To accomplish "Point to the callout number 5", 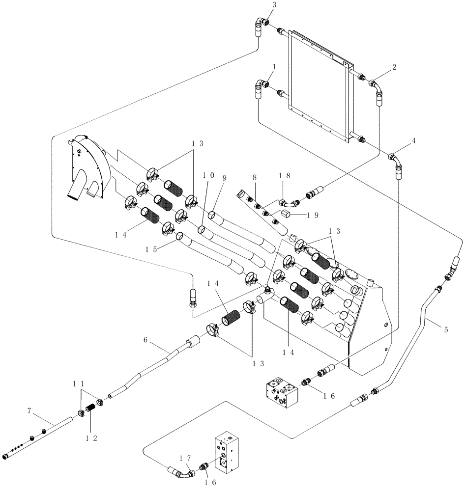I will [446, 329].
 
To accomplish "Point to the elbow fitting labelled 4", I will [395, 161].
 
